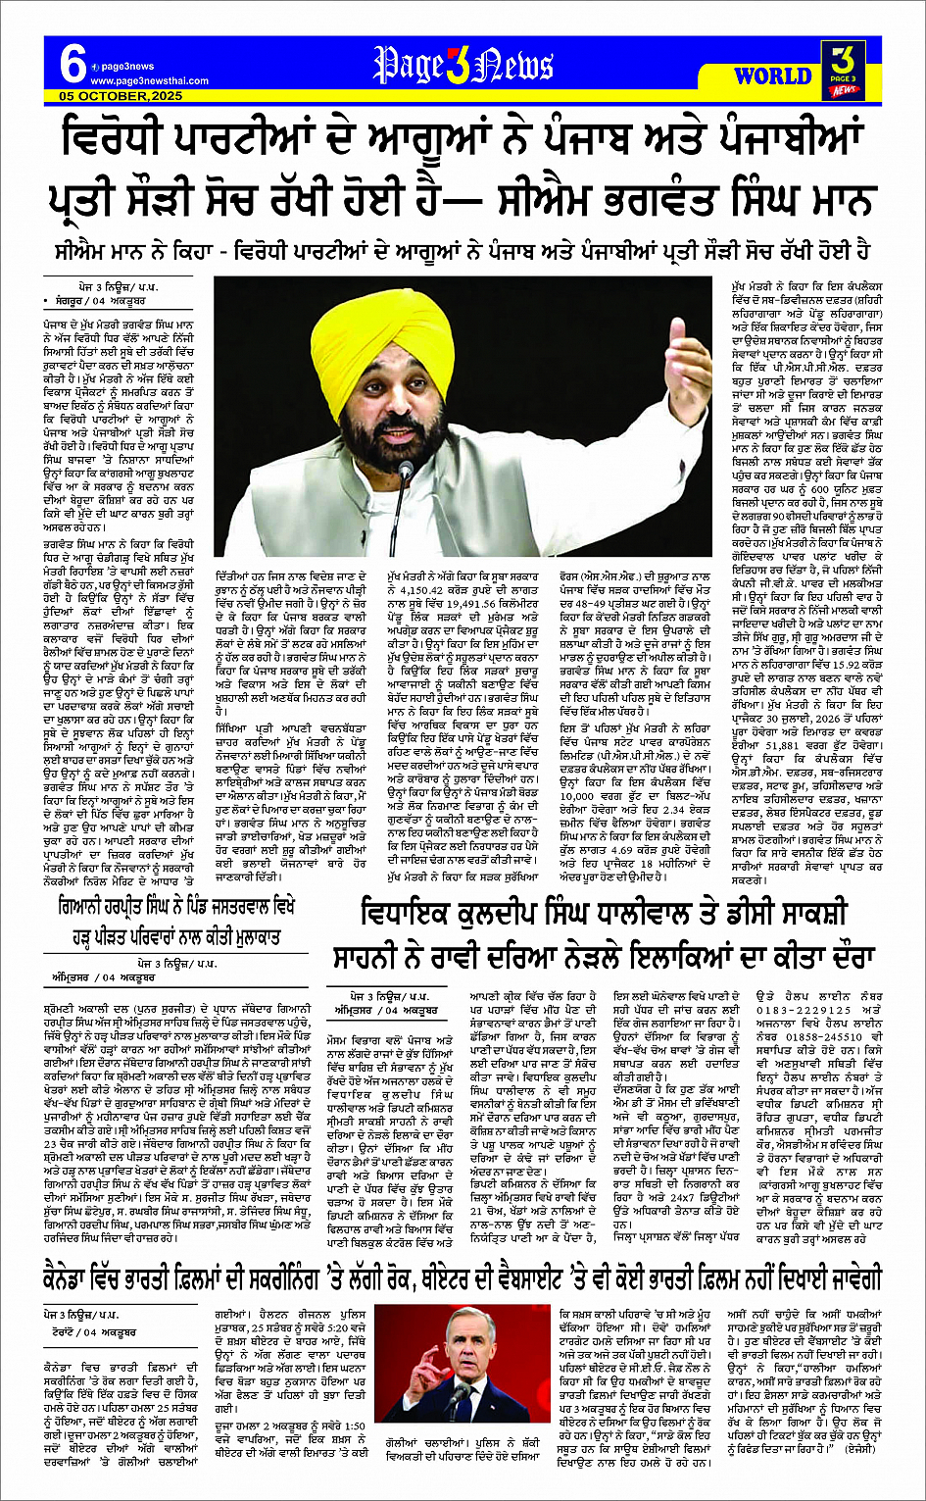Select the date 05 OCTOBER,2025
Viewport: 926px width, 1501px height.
pos(120,97)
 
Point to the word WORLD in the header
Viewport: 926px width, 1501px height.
pos(772,75)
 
